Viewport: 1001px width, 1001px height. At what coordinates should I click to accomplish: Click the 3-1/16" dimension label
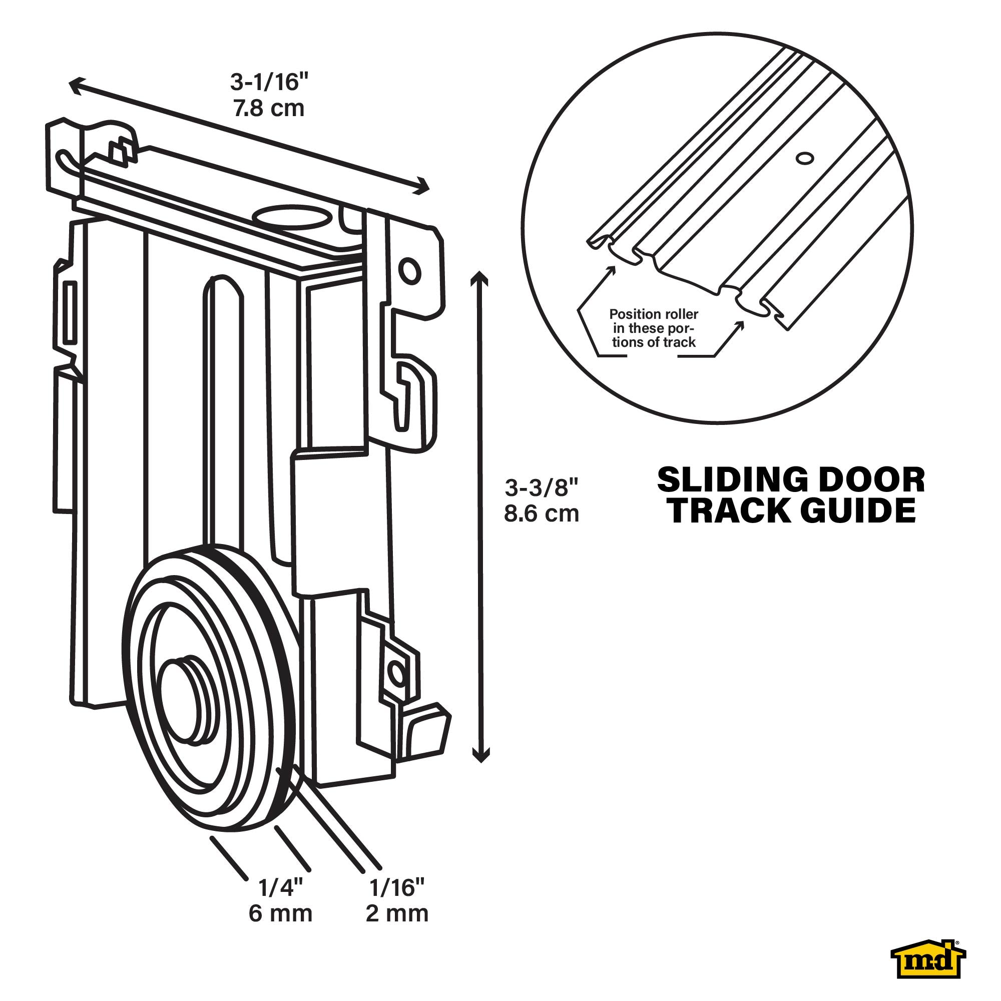pyautogui.click(x=269, y=83)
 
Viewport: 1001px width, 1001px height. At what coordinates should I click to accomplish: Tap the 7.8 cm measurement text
pyautogui.click(x=268, y=109)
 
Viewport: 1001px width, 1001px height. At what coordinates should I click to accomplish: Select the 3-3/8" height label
pyautogui.click(x=542, y=487)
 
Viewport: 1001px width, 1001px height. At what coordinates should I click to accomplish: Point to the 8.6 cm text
pyautogui.click(x=542, y=514)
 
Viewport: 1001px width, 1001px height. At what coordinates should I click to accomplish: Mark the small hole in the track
pyautogui.click(x=805, y=159)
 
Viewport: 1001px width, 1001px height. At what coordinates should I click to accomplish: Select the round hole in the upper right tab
pyautogui.click(x=409, y=270)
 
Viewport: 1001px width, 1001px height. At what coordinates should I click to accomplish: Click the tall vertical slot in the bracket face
pyautogui.click(x=223, y=414)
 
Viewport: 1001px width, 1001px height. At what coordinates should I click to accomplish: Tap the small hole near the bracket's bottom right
pyautogui.click(x=397, y=673)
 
